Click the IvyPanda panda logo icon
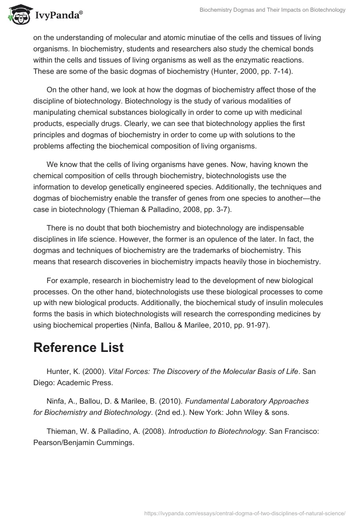[x=18, y=15]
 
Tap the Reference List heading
[x=78, y=347]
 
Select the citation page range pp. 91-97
[x=249, y=325]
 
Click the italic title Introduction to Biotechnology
[x=217, y=431]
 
